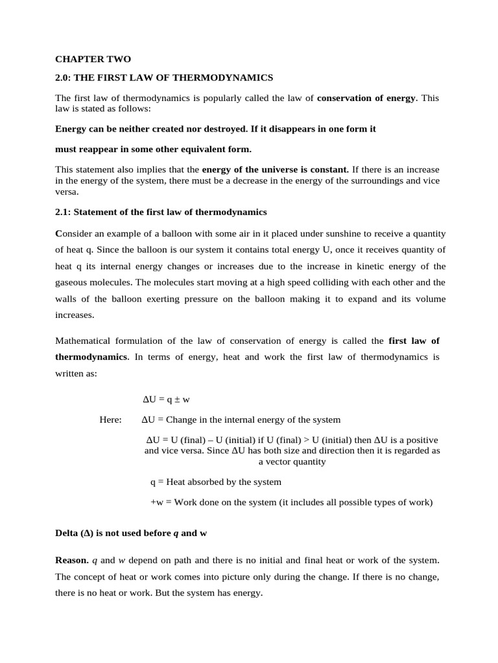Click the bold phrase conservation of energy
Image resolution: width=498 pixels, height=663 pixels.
point(366,98)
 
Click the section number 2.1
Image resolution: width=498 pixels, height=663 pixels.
point(64,212)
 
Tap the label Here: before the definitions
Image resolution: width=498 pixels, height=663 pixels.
point(110,420)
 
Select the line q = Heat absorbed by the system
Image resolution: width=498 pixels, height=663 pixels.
point(215,482)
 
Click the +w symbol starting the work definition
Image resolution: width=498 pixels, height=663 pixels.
point(156,502)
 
